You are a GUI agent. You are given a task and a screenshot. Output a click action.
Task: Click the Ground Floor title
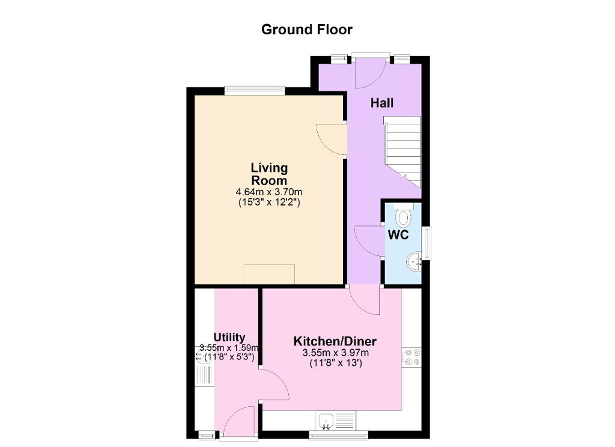[x=307, y=30]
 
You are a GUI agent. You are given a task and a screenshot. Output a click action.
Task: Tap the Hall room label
[x=381, y=103]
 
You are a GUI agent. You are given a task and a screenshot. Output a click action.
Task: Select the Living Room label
[x=269, y=174]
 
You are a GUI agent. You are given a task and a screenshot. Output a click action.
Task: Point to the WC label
[x=398, y=235]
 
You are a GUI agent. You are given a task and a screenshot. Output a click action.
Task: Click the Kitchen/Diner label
[x=335, y=341]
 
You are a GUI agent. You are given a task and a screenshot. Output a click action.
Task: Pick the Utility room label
[x=229, y=338]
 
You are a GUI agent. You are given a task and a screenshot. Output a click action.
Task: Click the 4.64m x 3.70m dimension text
[x=269, y=192]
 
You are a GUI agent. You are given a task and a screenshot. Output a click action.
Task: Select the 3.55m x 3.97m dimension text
[x=335, y=353]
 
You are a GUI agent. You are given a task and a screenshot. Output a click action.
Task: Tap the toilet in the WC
[x=403, y=214]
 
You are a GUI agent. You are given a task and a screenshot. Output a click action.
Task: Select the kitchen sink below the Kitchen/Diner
[x=336, y=421]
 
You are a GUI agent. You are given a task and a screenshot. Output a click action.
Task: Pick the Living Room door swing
[x=332, y=140]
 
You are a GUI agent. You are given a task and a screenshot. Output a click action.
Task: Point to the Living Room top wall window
[x=255, y=91]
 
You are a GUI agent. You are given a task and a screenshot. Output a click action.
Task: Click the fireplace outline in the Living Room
[x=269, y=274]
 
